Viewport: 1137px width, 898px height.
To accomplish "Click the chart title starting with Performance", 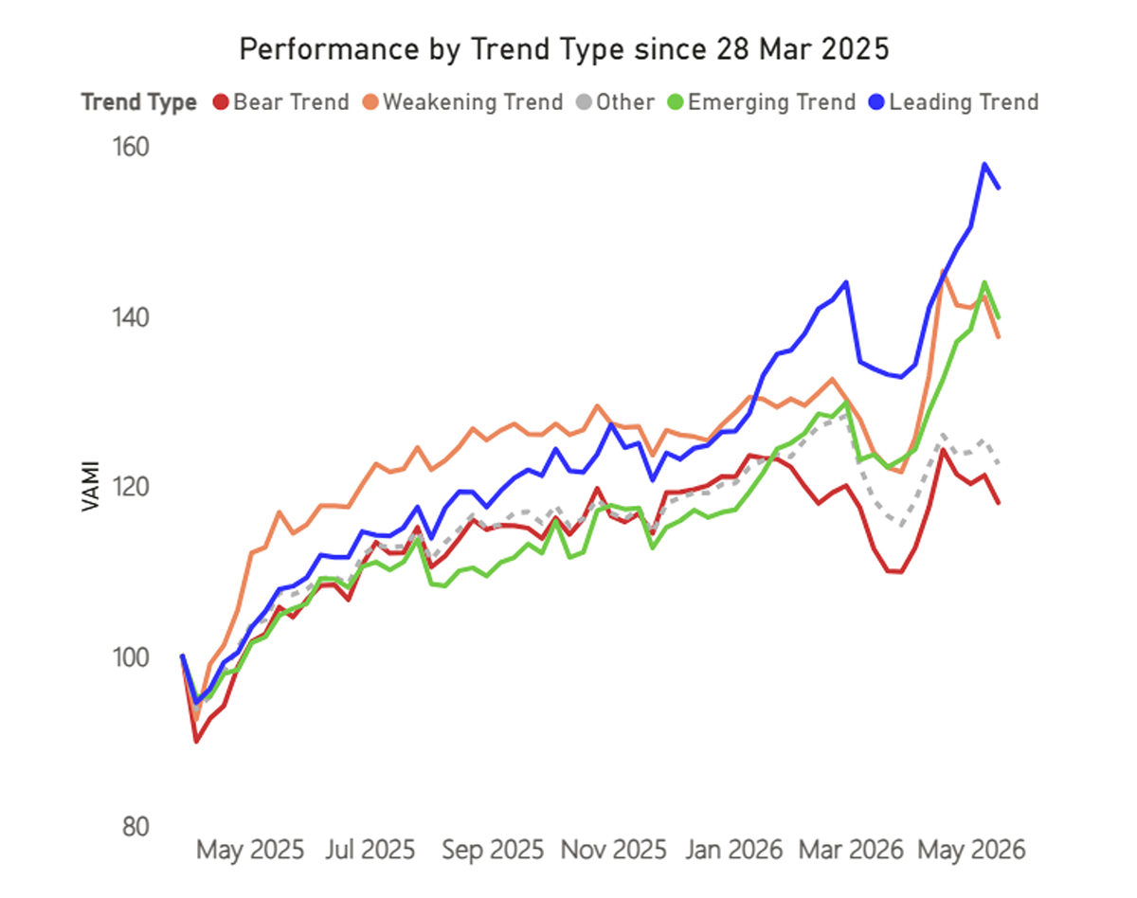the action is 565,49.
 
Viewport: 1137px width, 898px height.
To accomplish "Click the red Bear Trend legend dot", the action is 221,102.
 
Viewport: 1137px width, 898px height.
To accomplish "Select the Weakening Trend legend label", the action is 473,102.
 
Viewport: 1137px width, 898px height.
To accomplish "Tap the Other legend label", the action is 625,102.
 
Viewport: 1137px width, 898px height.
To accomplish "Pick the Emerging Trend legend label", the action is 771,102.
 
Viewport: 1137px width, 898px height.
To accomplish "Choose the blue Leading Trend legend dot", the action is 876,102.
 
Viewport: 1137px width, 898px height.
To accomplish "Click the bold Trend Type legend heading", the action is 139,102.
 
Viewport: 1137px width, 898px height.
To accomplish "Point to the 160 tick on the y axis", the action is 131,147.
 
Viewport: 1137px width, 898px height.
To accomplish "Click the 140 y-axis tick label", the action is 131,318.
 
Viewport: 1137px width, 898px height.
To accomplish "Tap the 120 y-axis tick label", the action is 131,487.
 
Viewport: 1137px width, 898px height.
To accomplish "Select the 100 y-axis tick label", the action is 131,657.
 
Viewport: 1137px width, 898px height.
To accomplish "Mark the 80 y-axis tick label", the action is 135,827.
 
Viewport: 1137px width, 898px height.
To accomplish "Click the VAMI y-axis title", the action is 91,487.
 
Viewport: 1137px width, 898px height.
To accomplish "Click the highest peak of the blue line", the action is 984,164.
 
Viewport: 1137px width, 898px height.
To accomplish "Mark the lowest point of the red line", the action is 196,741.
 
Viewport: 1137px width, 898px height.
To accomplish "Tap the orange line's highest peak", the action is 943,272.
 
